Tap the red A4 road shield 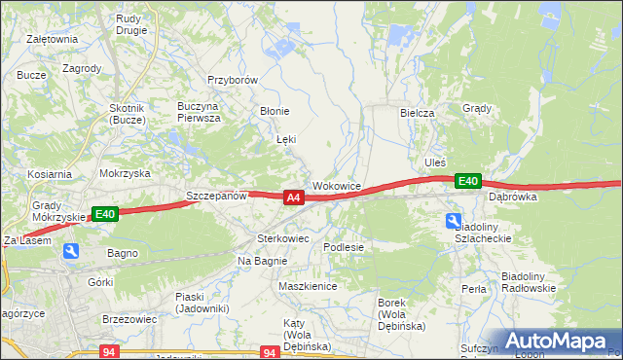[x=293, y=198]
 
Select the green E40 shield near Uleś [x=468, y=181]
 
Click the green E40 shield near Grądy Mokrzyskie [x=105, y=214]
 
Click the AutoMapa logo [x=559, y=341]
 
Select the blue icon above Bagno [x=71, y=251]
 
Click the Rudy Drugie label [x=130, y=23]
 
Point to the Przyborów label [x=232, y=81]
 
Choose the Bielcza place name [x=417, y=113]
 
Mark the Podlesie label [x=344, y=247]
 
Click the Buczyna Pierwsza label [x=199, y=111]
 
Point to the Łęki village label [x=286, y=140]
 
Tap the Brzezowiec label [x=129, y=318]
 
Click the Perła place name [x=474, y=289]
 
